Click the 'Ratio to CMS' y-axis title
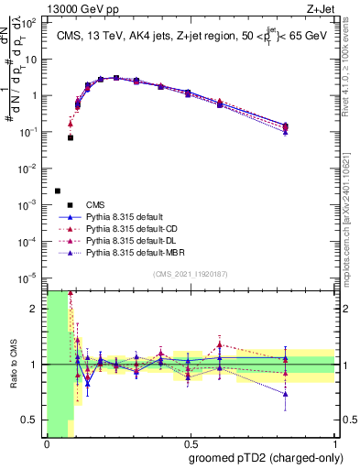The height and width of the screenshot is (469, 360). tap(12, 365)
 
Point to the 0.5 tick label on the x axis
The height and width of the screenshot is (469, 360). tap(191, 444)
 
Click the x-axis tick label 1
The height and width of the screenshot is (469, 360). tap(335, 444)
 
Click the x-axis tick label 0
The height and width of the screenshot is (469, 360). tap(47, 444)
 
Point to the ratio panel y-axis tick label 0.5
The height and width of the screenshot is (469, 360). tap(30, 420)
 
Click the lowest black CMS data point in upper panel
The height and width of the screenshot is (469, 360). tap(58, 191)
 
